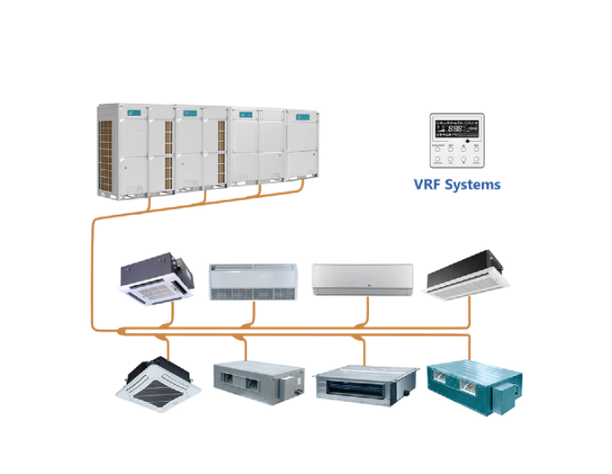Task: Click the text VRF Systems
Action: pos(457,183)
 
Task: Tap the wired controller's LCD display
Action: pos(456,128)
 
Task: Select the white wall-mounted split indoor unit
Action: pos(362,280)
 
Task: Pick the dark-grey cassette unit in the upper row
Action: pos(157,278)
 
